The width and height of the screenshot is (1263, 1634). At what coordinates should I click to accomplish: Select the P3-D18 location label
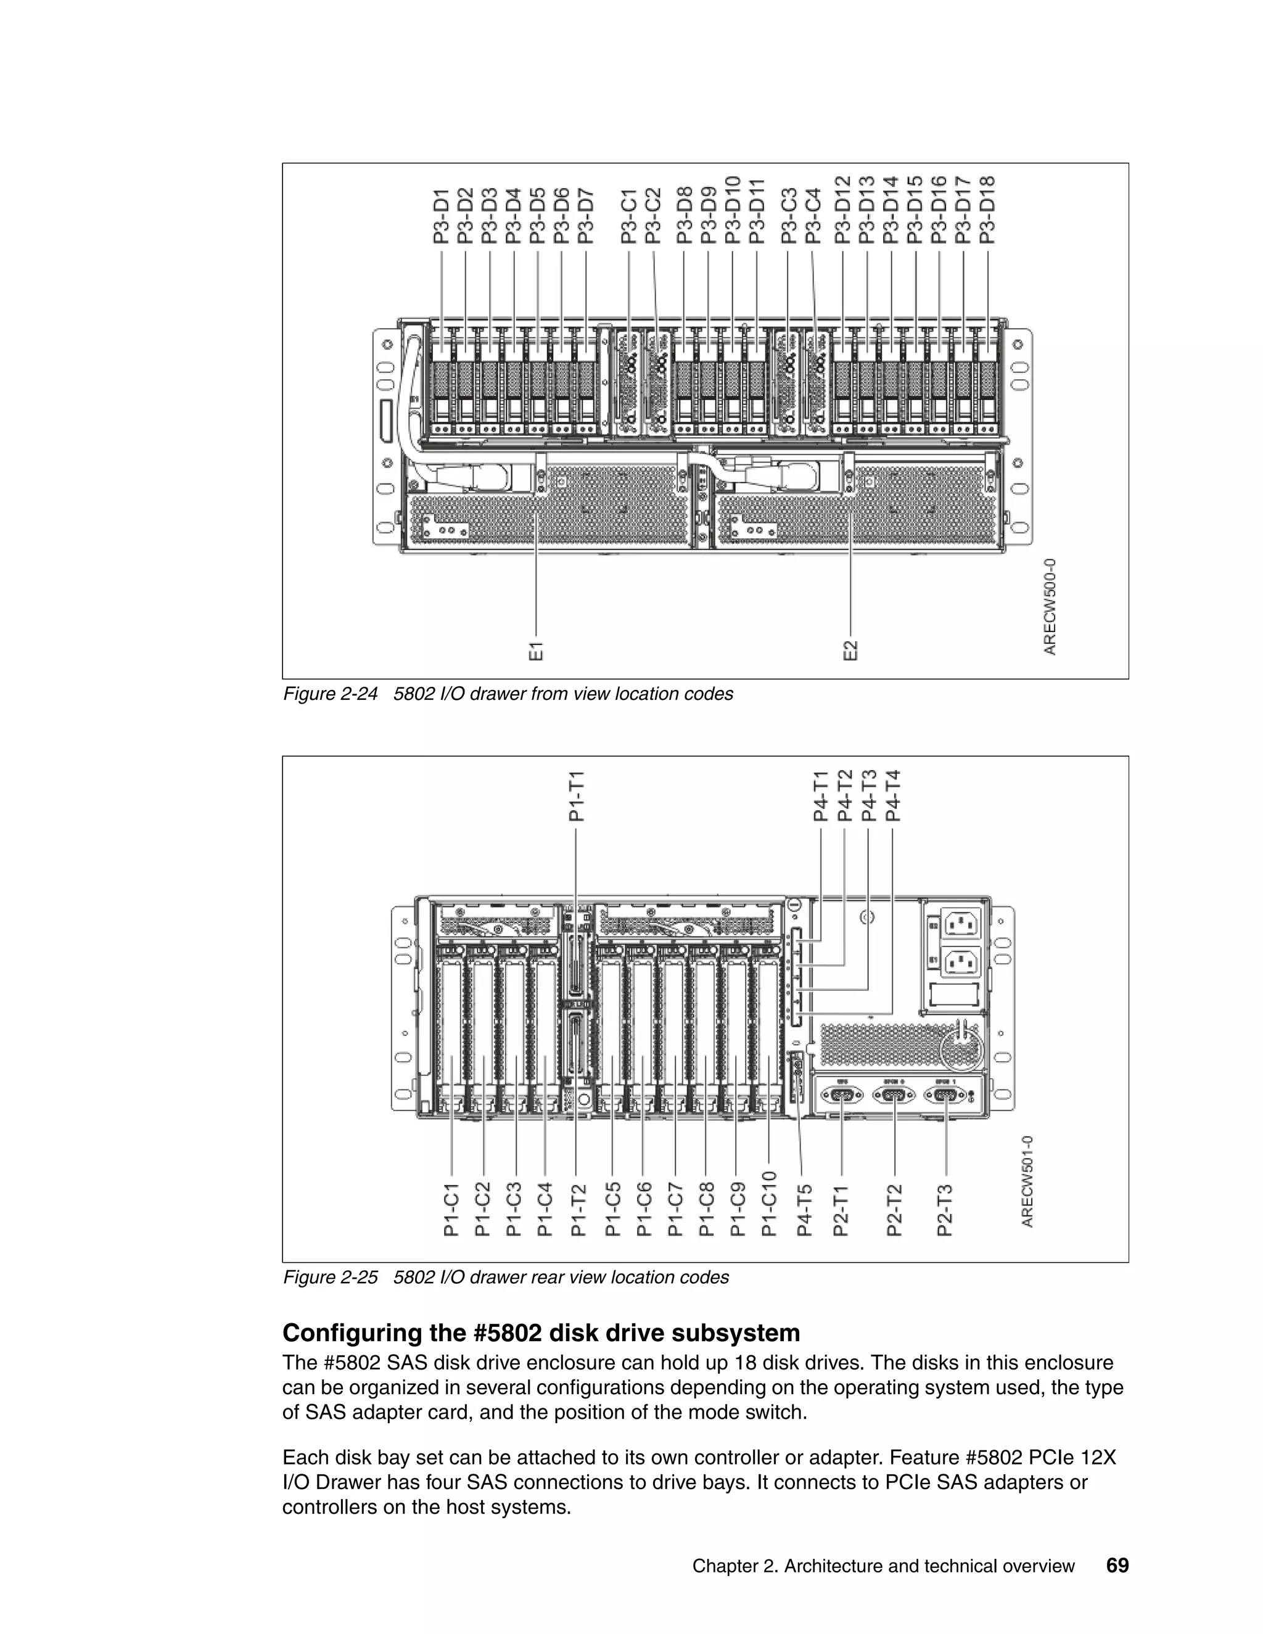click(x=988, y=210)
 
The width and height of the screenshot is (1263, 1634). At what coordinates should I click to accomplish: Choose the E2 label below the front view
click(x=850, y=650)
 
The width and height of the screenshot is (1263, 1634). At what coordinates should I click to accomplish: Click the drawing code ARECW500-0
click(x=1050, y=607)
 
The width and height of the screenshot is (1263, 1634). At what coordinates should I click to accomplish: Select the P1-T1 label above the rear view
click(x=576, y=797)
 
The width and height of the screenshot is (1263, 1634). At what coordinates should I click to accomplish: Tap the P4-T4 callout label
click(x=892, y=795)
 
